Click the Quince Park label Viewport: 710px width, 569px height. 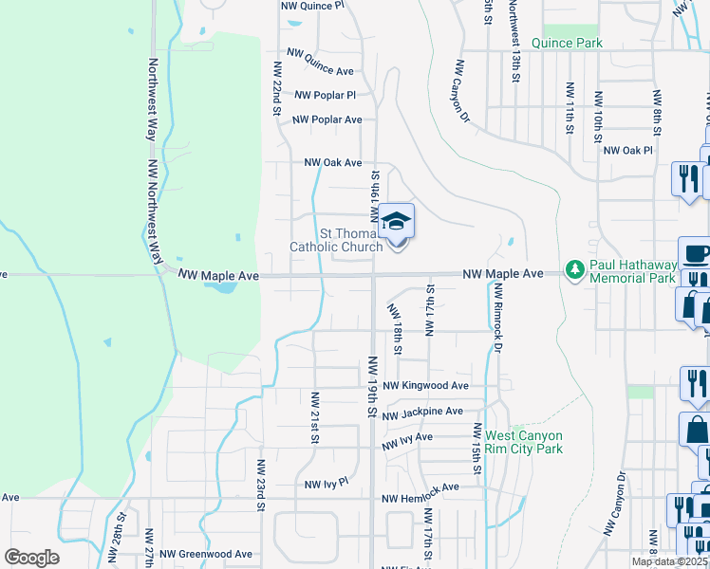[567, 44]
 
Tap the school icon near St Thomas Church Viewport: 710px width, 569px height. [397, 224]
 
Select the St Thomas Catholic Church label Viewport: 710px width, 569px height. [337, 239]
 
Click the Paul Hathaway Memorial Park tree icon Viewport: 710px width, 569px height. [574, 271]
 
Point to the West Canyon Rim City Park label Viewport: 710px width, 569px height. [524, 442]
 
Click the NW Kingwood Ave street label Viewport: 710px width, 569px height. [427, 386]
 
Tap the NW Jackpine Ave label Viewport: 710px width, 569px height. [422, 413]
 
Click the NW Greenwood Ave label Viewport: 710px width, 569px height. [206, 554]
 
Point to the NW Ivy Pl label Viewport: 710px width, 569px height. [327, 484]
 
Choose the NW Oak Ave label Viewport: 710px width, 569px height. [332, 163]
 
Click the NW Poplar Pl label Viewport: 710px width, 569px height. [325, 95]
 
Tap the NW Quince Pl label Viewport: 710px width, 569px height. [311, 5]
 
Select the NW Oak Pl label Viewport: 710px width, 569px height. [628, 151]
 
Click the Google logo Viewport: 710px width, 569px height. [32, 558]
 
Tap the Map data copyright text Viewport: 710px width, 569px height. [668, 561]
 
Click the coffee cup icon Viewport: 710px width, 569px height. [696, 254]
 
